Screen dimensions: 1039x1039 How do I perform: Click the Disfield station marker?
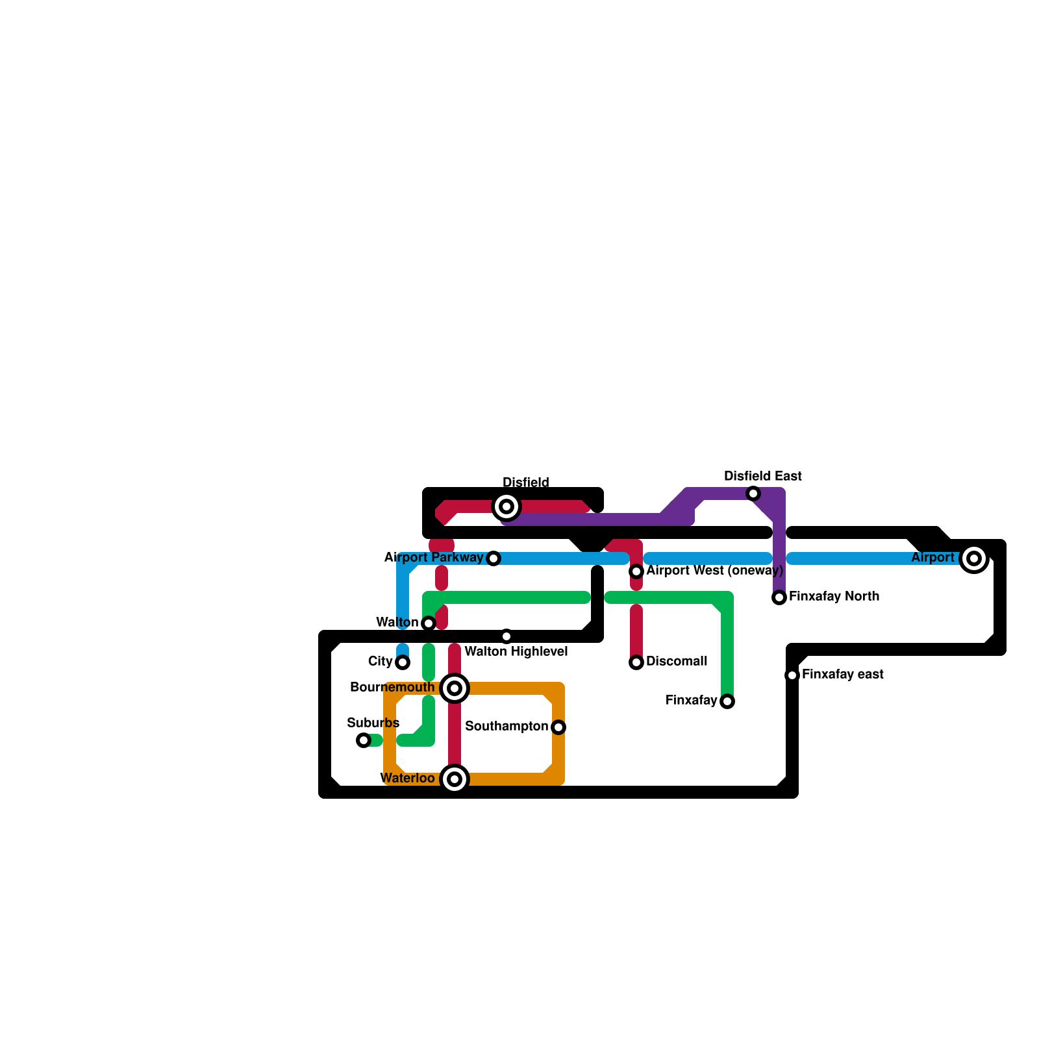(507, 507)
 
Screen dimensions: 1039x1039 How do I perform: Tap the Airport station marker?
(973, 558)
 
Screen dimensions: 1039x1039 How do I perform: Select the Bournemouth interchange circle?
(455, 688)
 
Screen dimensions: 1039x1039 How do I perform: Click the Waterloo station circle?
(455, 779)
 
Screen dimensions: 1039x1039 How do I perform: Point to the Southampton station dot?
(558, 727)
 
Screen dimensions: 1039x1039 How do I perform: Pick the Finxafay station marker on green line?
(727, 701)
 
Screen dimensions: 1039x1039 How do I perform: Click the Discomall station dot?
(636, 662)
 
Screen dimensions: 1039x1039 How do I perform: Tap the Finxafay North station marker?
(779, 597)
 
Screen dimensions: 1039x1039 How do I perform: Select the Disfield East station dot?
(753, 494)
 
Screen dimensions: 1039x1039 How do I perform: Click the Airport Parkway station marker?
(494, 558)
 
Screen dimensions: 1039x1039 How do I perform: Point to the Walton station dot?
(429, 623)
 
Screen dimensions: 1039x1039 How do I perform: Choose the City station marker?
(403, 662)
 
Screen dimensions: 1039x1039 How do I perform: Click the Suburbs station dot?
(364, 740)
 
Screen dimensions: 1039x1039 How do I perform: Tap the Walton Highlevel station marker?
(507, 636)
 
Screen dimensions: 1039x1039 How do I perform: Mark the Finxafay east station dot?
(792, 675)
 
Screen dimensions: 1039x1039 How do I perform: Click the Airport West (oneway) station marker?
(636, 571)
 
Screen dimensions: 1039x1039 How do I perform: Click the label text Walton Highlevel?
(516, 651)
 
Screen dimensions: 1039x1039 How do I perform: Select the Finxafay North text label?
(834, 596)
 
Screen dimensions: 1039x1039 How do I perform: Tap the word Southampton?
(507, 726)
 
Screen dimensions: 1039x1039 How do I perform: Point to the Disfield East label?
(763, 476)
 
